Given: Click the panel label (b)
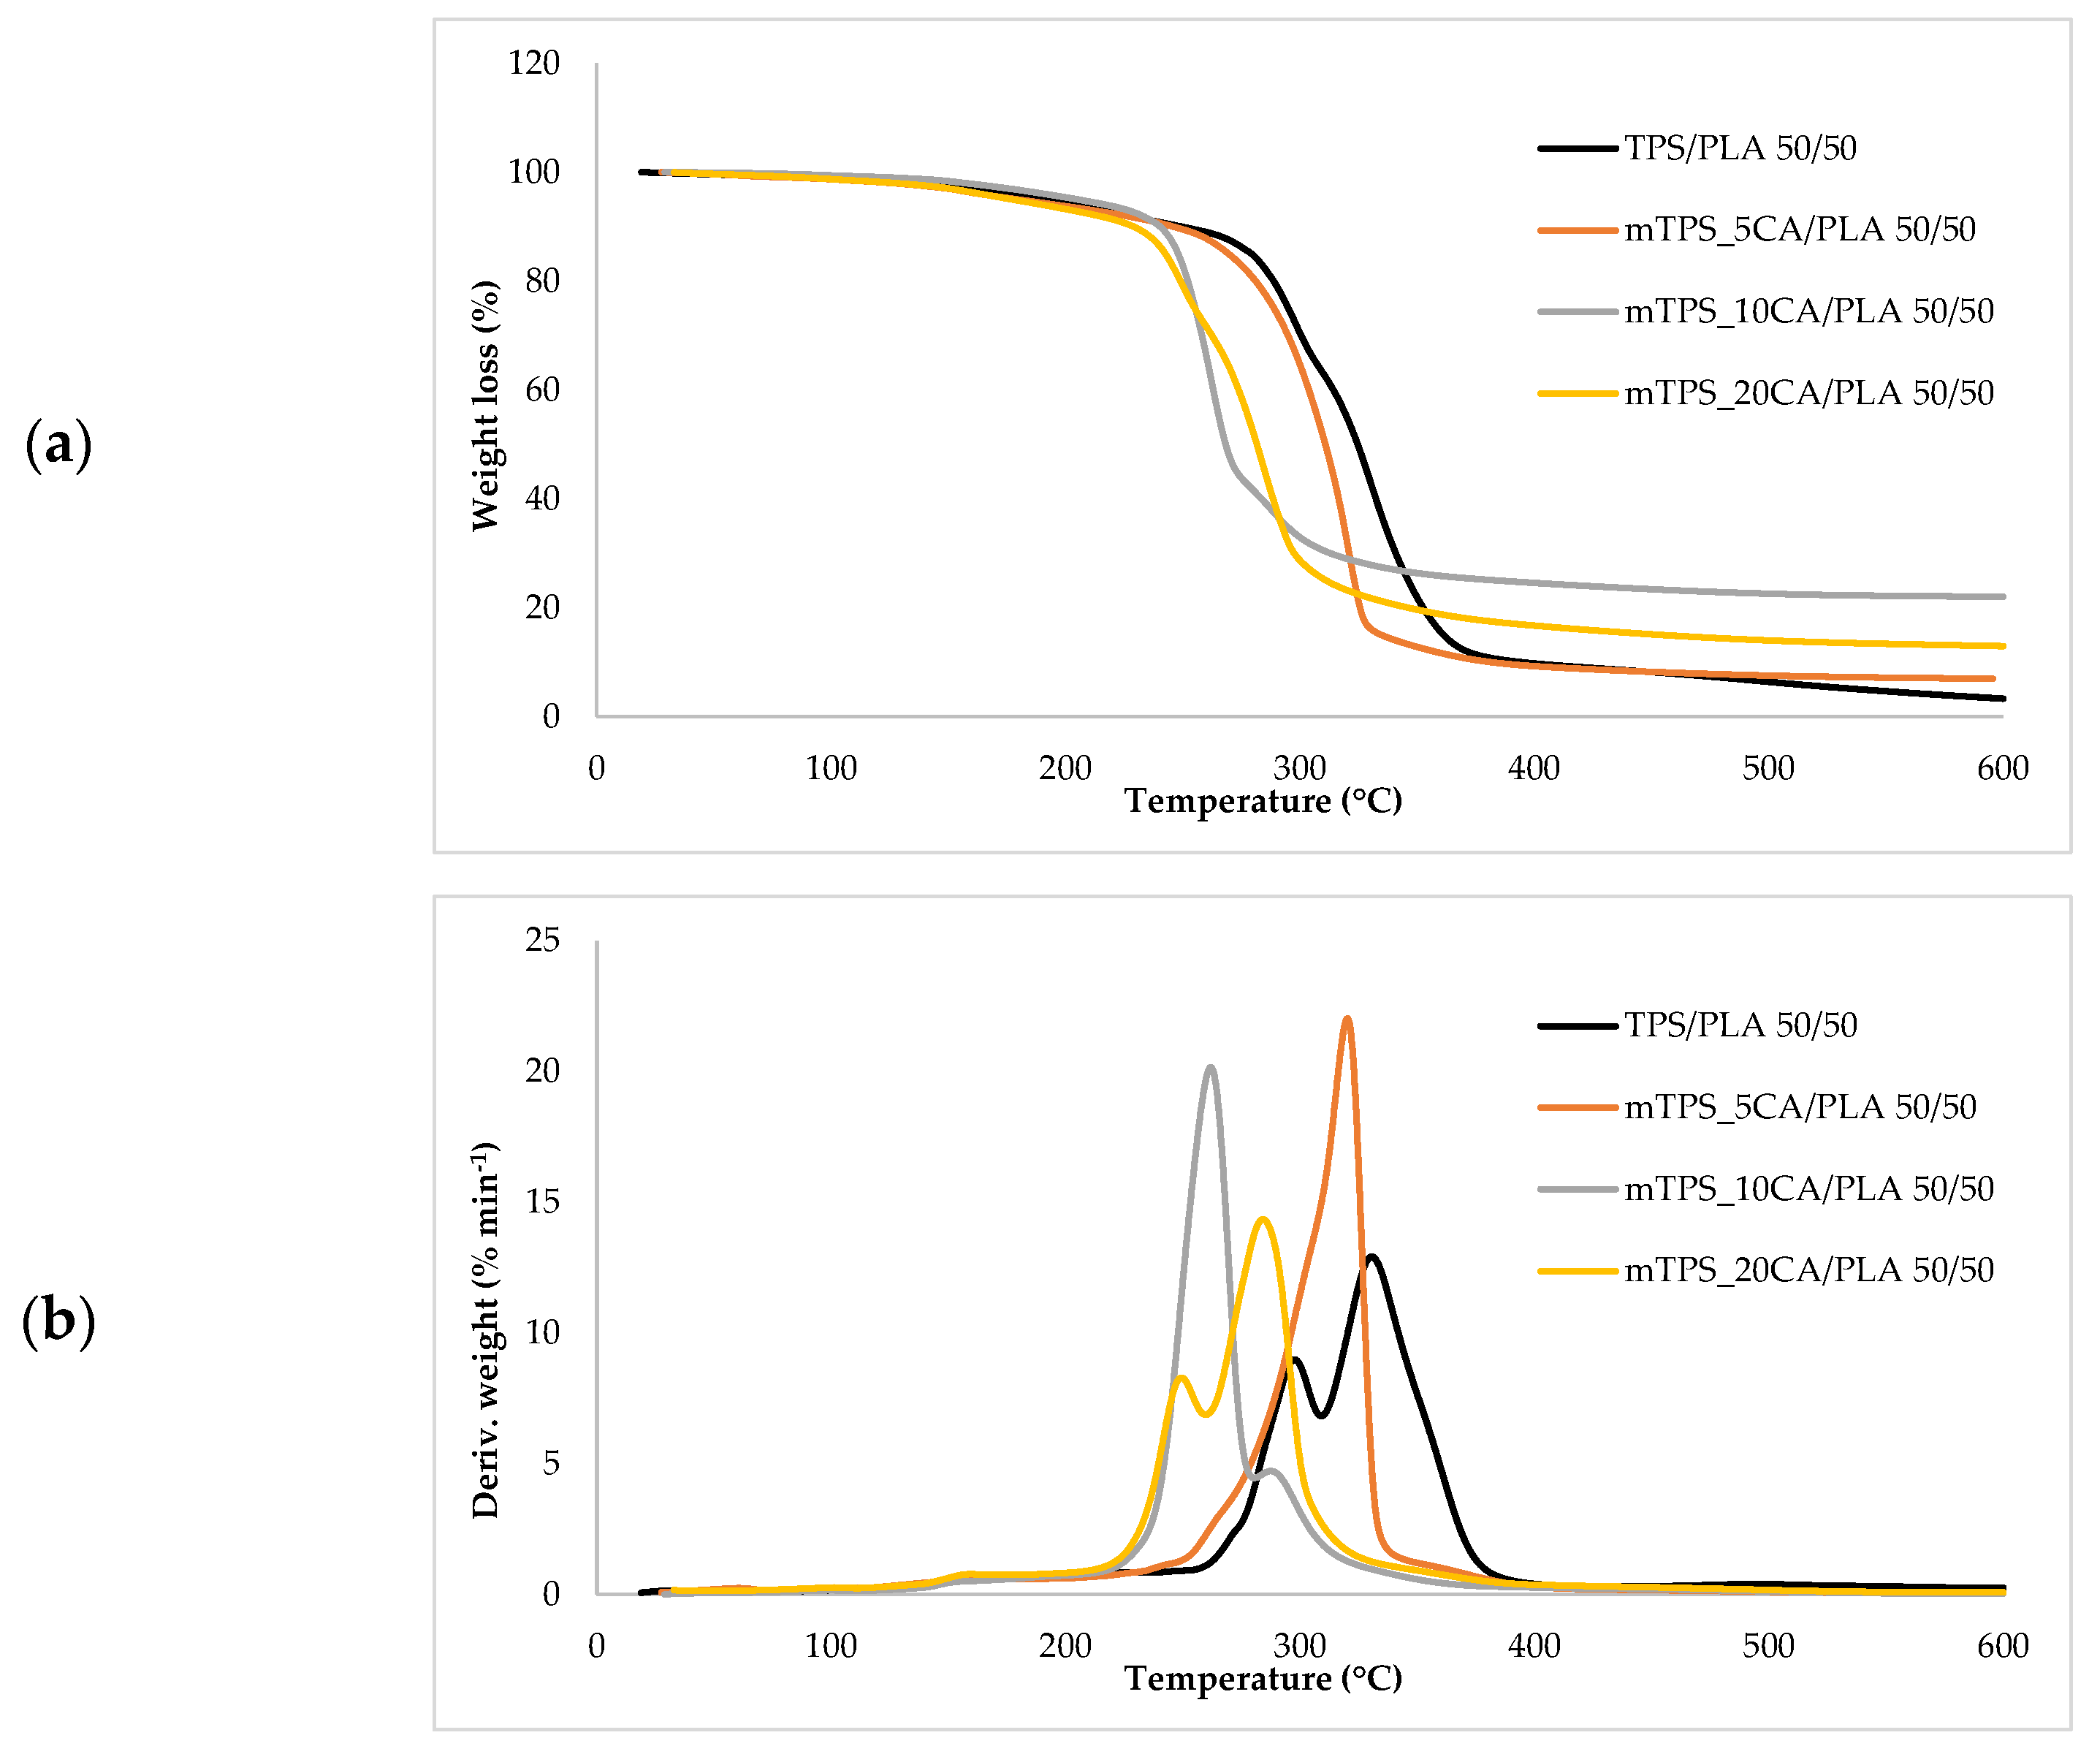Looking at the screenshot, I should pyautogui.click(x=58, y=1321).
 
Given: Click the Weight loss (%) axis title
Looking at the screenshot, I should pyautogui.click(x=484, y=406).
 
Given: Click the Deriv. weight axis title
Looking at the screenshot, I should pyautogui.click(x=484, y=1330).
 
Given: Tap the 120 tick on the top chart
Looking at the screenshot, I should pyautogui.click(x=533, y=64).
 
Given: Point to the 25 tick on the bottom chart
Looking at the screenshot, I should pyautogui.click(x=542, y=940).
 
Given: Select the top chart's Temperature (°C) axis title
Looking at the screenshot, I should pyautogui.click(x=1263, y=801).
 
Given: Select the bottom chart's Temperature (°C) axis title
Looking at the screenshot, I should pyautogui.click(x=1263, y=1678).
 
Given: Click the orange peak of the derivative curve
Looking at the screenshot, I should pyautogui.click(x=1347, y=1019).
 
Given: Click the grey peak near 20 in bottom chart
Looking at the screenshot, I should pyautogui.click(x=1209, y=1068).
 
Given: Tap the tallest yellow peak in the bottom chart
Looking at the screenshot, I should pyautogui.click(x=1263, y=1219).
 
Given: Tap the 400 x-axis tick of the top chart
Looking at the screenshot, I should pyautogui.click(x=1533, y=768).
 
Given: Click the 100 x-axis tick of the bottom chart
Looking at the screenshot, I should pyautogui.click(x=831, y=1646).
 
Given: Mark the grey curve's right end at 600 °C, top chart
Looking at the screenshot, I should pyautogui.click(x=2001, y=597).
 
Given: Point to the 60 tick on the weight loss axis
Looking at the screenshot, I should pyautogui.click(x=542, y=390).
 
